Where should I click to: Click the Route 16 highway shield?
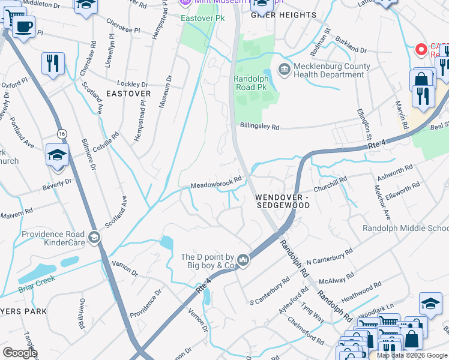pos(61,133)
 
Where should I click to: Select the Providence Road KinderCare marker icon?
pos(94,238)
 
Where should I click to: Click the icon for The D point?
pos(243,260)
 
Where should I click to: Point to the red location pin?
pos(421,49)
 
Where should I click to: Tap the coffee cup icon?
pos(23,26)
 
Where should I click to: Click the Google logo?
pos(20,353)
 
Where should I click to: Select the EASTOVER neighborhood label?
pos(128,94)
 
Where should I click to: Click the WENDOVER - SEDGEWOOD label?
pos(282,201)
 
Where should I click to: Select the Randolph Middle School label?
pos(406,229)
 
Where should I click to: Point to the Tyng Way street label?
pos(312,311)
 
